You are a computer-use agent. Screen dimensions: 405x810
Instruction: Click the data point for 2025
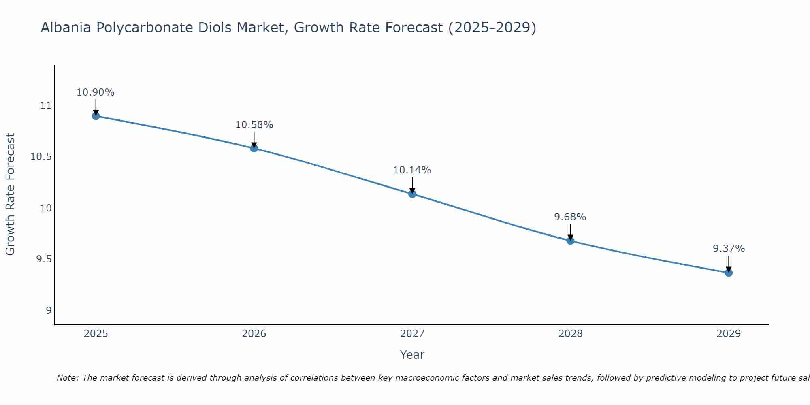(x=96, y=116)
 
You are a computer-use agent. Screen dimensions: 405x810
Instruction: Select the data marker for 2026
(x=254, y=148)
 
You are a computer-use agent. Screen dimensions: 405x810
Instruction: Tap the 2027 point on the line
(x=412, y=194)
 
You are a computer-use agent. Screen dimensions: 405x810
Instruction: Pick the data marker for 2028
(x=570, y=241)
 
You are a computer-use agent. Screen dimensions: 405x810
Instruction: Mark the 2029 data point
(x=729, y=273)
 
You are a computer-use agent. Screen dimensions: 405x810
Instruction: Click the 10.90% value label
(x=96, y=92)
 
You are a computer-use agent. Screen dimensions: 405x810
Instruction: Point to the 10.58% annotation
(x=254, y=125)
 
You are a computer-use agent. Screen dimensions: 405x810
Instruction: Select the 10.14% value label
(x=412, y=170)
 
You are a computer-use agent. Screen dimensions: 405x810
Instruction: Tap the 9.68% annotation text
(x=570, y=217)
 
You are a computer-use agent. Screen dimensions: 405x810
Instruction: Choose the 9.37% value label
(x=729, y=249)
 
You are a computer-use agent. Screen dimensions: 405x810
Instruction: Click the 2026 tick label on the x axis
(x=254, y=334)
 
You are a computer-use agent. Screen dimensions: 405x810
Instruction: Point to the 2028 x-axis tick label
(x=570, y=334)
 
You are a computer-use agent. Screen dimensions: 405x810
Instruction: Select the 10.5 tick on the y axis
(x=41, y=157)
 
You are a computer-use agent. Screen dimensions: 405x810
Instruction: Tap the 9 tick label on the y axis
(x=49, y=310)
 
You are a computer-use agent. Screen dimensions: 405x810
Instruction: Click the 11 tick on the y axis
(x=46, y=106)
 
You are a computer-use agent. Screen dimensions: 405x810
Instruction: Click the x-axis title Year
(x=412, y=355)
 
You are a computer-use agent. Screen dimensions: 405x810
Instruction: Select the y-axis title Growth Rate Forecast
(x=10, y=194)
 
